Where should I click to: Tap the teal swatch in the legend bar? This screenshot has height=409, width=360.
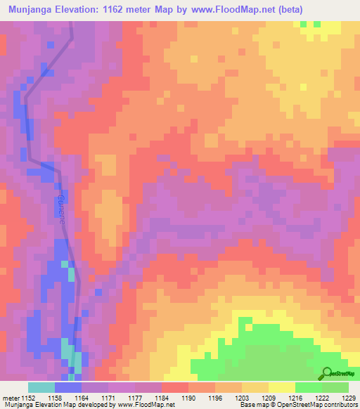[41, 387]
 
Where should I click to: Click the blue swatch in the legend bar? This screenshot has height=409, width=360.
[68, 387]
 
